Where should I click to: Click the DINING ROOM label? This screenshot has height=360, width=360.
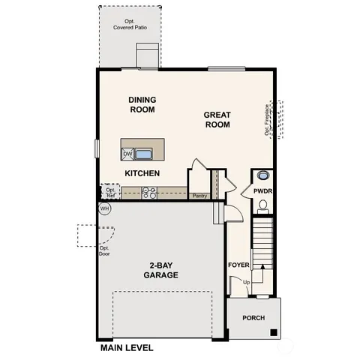tap(142, 104)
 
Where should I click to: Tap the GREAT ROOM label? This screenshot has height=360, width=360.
tap(218, 120)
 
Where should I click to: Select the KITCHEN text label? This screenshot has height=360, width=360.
tap(142, 173)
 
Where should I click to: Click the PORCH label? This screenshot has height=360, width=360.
tap(253, 318)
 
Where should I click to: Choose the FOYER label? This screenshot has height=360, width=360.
tap(238, 265)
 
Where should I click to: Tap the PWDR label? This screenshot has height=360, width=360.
tap(262, 191)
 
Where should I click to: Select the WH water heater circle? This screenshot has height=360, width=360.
tap(104, 208)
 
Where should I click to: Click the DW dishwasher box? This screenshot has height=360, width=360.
tap(127, 154)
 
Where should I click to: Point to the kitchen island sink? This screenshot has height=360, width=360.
tap(143, 154)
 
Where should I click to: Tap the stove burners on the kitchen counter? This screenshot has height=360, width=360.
tap(149, 193)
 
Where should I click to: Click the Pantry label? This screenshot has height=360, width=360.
tap(199, 196)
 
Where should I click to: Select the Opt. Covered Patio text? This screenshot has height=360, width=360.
tap(128, 24)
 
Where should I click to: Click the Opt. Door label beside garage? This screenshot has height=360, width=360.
tap(104, 250)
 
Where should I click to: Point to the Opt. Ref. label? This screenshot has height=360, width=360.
tap(110, 193)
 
